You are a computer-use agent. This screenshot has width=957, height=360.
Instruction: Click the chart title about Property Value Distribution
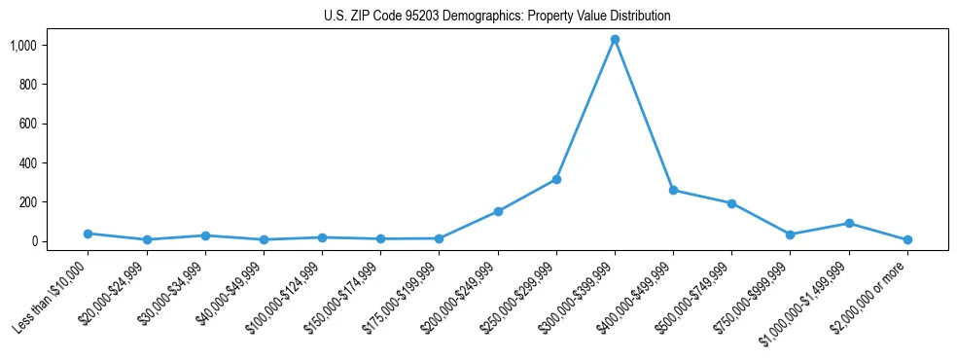(497, 17)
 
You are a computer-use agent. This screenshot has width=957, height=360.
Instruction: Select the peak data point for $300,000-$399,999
(615, 40)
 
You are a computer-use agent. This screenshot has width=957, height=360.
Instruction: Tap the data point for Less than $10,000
(88, 234)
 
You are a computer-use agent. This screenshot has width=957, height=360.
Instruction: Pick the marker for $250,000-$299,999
(556, 179)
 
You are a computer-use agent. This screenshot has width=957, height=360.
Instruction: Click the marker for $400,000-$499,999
(673, 191)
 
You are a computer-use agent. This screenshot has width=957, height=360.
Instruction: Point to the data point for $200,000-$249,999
(498, 211)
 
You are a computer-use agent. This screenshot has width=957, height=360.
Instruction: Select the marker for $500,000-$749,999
(731, 203)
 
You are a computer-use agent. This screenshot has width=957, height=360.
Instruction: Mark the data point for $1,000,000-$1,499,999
(849, 223)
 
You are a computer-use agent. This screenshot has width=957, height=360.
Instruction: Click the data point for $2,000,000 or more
(907, 239)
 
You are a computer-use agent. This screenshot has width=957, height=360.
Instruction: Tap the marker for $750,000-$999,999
(790, 234)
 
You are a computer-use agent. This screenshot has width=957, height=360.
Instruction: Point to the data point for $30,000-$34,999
(204, 235)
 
